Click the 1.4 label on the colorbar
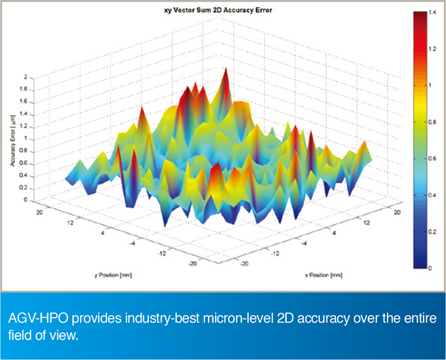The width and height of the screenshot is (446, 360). click(432, 12)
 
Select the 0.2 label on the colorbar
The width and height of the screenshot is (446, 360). click(432, 232)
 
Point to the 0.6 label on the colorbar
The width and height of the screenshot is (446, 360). click(432, 159)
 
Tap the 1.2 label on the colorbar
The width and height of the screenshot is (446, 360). click(432, 48)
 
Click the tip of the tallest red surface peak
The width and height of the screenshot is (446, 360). click(226, 69)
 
